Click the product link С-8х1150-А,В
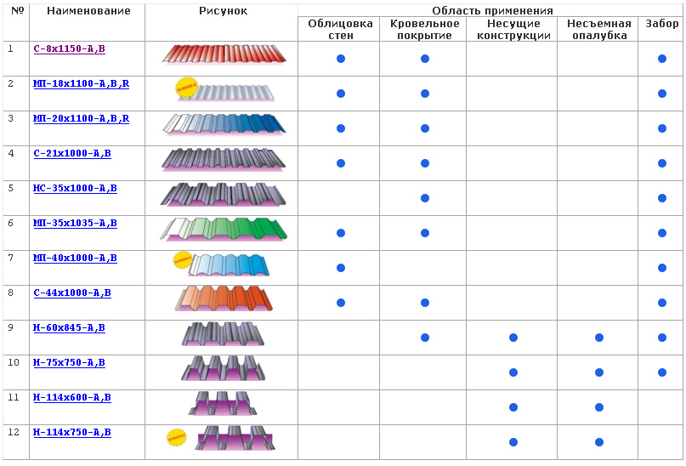click(69, 49)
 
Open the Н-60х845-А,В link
click(69, 328)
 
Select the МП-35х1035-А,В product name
click(75, 224)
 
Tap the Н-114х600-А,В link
click(72, 398)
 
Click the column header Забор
click(661, 24)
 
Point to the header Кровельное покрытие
click(423, 30)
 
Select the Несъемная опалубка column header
click(598, 30)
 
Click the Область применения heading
click(492, 10)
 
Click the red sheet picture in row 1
click(224, 55)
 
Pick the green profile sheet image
click(224, 230)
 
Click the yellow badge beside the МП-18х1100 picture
click(184, 87)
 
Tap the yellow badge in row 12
click(177, 436)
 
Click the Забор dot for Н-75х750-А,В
click(662, 372)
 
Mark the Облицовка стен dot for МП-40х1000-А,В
click(341, 268)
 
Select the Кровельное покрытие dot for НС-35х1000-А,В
click(425, 198)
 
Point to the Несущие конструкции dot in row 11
click(513, 407)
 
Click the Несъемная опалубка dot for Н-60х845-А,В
click(599, 338)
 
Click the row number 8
click(11, 293)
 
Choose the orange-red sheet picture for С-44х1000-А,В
click(224, 299)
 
